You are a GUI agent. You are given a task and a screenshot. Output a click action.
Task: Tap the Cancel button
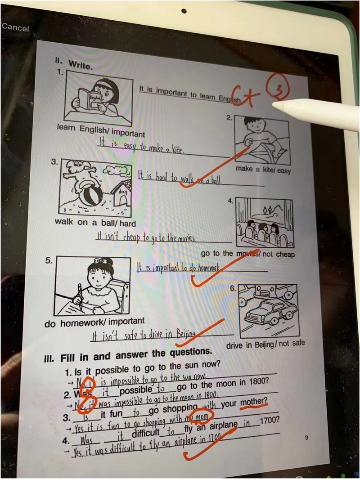15,27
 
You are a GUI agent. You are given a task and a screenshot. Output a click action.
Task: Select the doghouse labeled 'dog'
121,193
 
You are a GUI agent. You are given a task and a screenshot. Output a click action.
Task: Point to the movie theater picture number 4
264,223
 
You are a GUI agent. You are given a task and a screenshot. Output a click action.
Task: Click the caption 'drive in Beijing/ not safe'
265,344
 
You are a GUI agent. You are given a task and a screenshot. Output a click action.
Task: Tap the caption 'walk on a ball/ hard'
95,222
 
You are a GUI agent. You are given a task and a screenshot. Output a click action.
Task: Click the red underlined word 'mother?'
254,402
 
